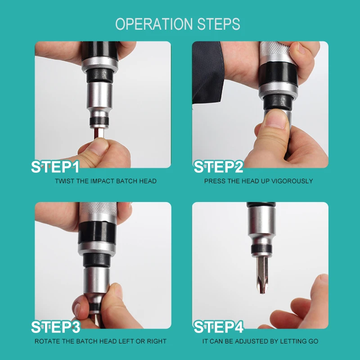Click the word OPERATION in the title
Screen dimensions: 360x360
154,24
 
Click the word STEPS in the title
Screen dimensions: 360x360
219,24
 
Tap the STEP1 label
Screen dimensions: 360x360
55,167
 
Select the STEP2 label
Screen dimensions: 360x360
218,167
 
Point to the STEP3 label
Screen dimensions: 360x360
56,327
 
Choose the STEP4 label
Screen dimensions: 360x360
219,327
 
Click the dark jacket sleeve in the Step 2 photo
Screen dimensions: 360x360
208,71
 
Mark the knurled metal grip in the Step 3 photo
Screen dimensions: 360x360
98,209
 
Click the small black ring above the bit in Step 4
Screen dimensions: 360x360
262,249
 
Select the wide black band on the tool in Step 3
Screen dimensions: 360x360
97,232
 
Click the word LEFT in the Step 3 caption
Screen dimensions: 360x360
126,342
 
